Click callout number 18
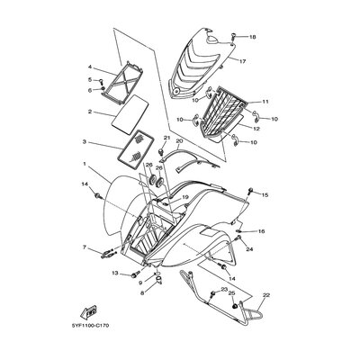point(253,37)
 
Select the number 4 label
point(90,67)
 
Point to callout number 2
point(90,112)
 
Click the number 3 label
point(85,141)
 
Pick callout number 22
point(266,295)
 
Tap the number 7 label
point(85,247)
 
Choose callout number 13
point(116,273)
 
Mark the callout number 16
point(261,231)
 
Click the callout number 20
point(179,140)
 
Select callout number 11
point(265,102)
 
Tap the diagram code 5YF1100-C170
point(90,326)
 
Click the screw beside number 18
point(233,38)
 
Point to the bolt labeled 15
point(250,190)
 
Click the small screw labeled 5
point(102,80)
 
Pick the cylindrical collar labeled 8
point(158,281)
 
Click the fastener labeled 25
point(236,306)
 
